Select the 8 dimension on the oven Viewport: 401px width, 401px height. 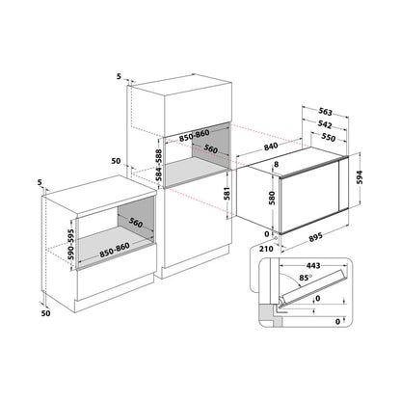click(276, 165)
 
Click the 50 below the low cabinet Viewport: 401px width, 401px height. click(46, 313)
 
